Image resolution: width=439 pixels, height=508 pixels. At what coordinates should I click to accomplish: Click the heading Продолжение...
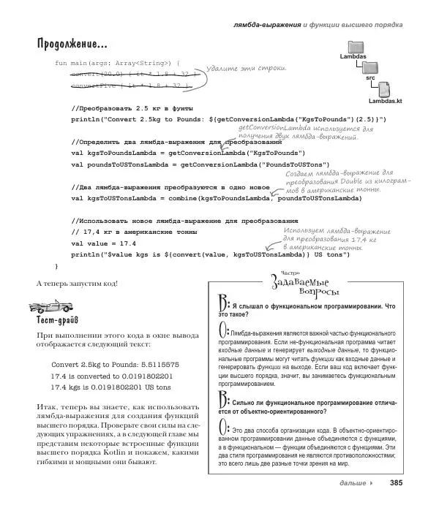[x=72, y=45]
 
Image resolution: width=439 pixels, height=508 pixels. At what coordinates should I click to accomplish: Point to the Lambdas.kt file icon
[x=386, y=91]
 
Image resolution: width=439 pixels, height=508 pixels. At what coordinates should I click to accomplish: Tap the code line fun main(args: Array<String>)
[x=118, y=64]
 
